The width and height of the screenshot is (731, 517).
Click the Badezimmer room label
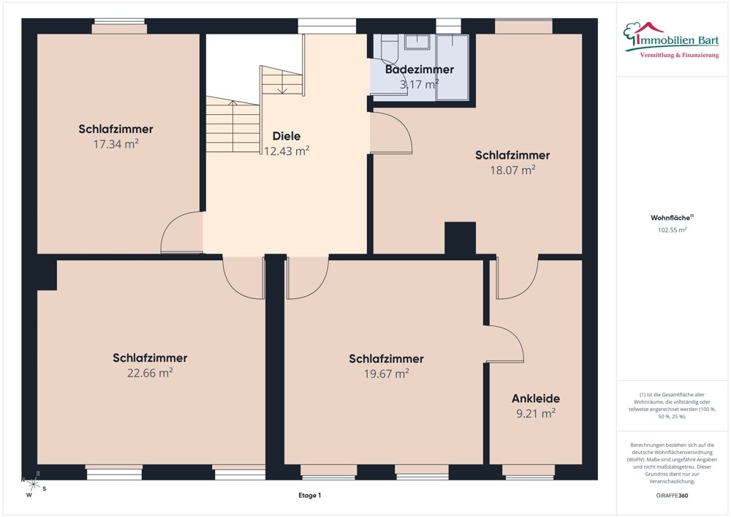click(419, 69)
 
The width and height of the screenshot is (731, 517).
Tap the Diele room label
click(287, 136)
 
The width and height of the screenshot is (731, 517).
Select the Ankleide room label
click(536, 399)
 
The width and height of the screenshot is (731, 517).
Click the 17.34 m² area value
click(115, 143)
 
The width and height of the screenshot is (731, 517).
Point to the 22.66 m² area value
click(150, 372)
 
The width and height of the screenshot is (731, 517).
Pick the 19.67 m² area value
click(387, 374)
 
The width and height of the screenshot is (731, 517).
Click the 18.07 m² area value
click(512, 170)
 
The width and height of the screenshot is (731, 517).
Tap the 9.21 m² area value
click(536, 413)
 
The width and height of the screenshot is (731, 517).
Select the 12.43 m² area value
click(287, 151)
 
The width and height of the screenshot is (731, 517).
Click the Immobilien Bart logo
click(671, 40)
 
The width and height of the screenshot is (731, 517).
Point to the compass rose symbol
click(32, 484)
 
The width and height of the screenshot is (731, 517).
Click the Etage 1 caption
click(309, 496)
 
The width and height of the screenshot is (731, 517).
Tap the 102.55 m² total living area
click(672, 230)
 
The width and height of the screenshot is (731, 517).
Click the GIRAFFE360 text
click(672, 496)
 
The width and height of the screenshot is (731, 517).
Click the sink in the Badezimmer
click(417, 42)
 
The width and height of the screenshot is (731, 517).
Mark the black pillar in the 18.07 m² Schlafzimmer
click(460, 238)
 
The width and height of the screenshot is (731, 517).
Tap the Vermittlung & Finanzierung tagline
click(679, 55)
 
